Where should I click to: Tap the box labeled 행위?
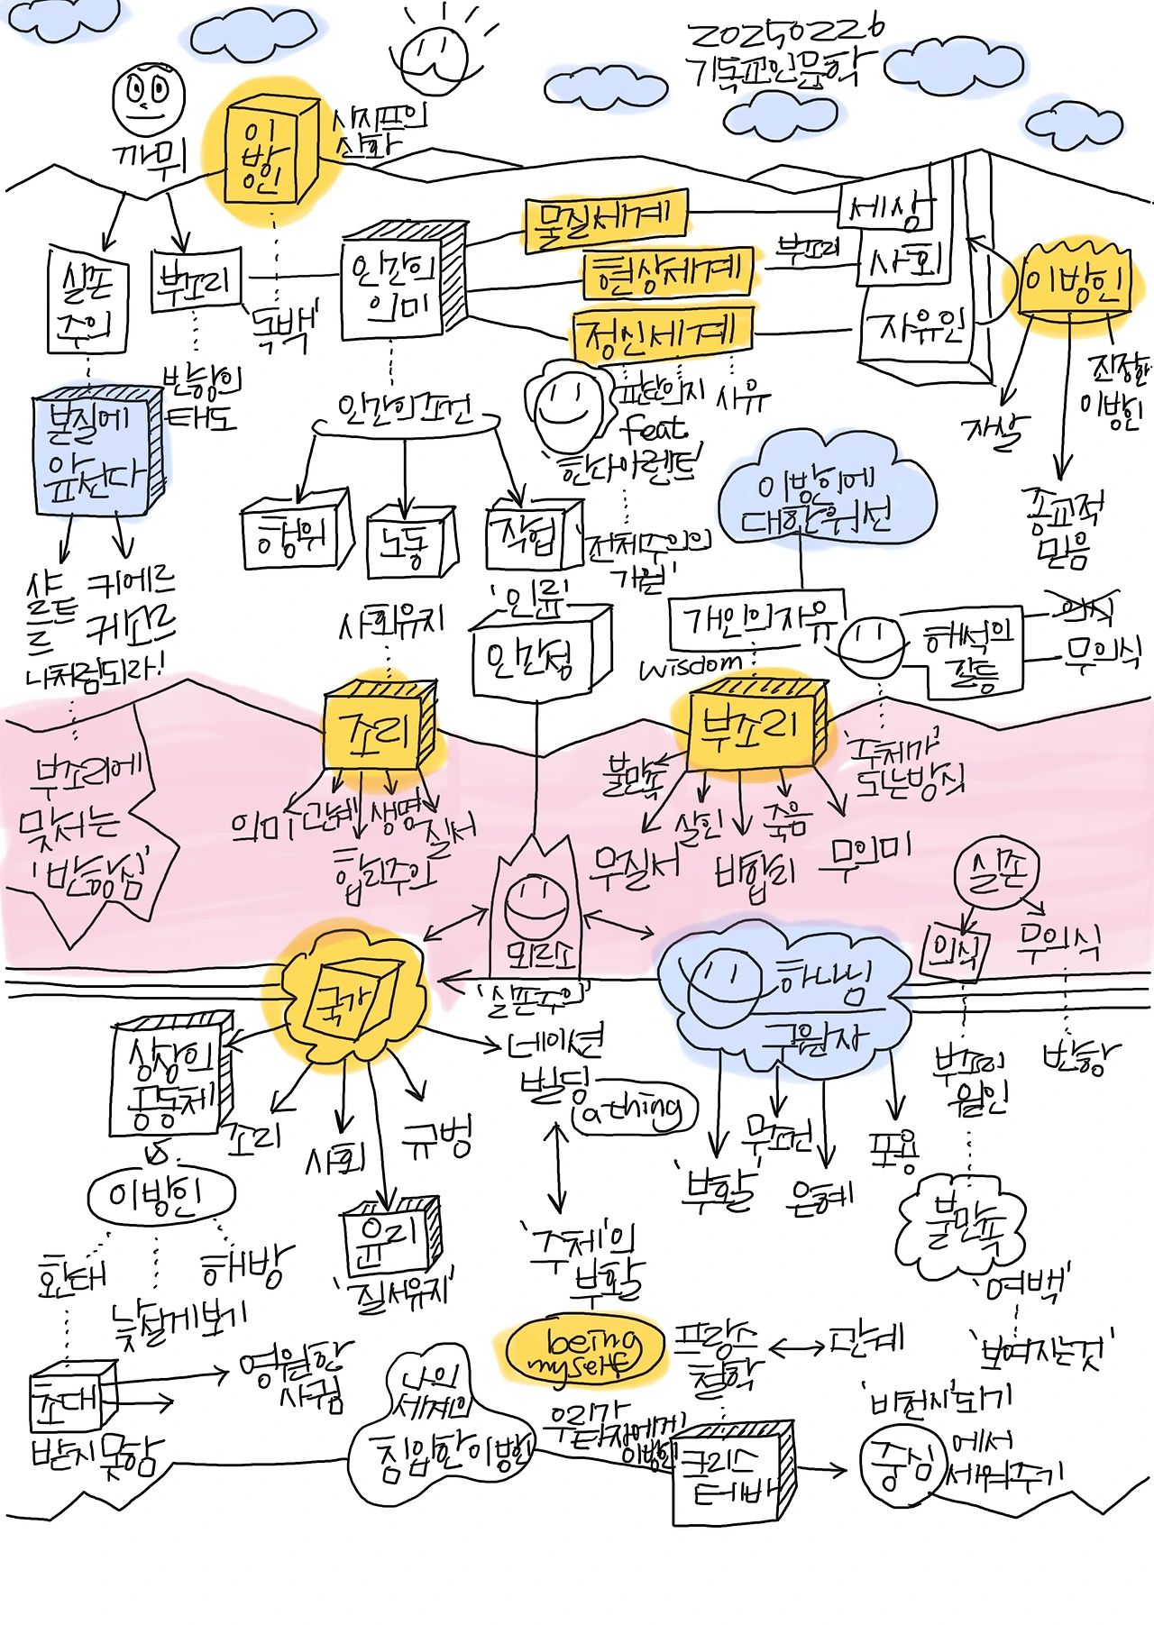pos(293,536)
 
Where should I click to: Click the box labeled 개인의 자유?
pos(755,619)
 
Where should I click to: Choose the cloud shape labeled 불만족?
pos(961,1227)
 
